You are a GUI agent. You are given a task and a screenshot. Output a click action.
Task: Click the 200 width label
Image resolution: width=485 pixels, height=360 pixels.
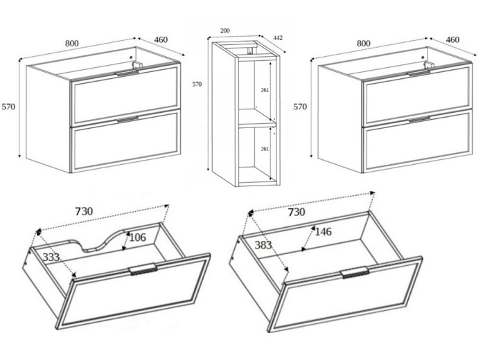[225, 30]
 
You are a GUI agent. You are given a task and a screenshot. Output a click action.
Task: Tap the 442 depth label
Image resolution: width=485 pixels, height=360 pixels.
[278, 38]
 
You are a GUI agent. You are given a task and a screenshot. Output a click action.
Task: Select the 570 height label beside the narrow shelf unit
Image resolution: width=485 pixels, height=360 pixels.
[197, 84]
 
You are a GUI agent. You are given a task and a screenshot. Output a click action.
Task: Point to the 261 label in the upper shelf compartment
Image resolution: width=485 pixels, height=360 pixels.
[265, 90]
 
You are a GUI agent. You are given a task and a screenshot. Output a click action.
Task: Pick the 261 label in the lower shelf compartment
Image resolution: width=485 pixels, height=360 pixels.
[265, 149]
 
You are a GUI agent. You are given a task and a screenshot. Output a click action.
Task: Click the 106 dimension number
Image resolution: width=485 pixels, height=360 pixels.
[137, 237]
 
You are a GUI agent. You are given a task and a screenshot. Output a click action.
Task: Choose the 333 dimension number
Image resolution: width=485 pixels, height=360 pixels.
[51, 257]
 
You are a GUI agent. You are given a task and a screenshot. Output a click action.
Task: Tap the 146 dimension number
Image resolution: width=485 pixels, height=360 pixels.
[324, 231]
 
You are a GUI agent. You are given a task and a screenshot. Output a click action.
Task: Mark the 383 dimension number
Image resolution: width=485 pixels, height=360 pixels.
[263, 245]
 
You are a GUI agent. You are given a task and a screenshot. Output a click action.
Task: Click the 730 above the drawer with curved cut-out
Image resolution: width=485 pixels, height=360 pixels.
[84, 211]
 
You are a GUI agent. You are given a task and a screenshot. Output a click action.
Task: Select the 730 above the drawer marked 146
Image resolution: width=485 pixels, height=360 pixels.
[297, 212]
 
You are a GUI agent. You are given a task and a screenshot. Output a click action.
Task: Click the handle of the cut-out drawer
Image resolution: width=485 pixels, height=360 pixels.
[143, 269]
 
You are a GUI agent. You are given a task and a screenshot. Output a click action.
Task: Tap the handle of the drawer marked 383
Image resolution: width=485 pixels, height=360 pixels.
[355, 272]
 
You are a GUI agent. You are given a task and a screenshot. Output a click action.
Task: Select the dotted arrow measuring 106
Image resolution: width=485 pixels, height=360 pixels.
[126, 241]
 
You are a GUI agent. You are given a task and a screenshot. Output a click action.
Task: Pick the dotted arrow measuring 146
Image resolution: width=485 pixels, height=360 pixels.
[308, 238]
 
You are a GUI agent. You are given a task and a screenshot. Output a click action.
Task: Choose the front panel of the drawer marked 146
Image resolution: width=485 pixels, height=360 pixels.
[346, 294]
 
